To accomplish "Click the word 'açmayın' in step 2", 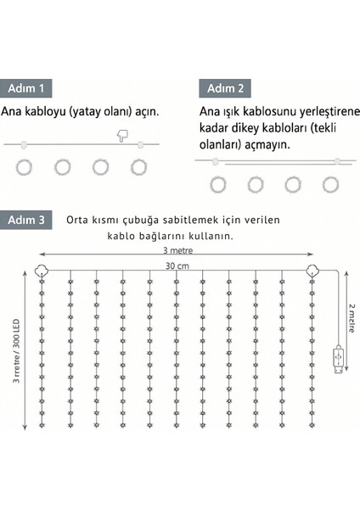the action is pyautogui.click(x=266, y=145).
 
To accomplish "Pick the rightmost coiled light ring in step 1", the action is pyautogui.click(x=138, y=167).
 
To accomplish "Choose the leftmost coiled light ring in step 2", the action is pyautogui.click(x=218, y=183).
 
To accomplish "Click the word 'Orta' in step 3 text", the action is pyautogui.click(x=79, y=219).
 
